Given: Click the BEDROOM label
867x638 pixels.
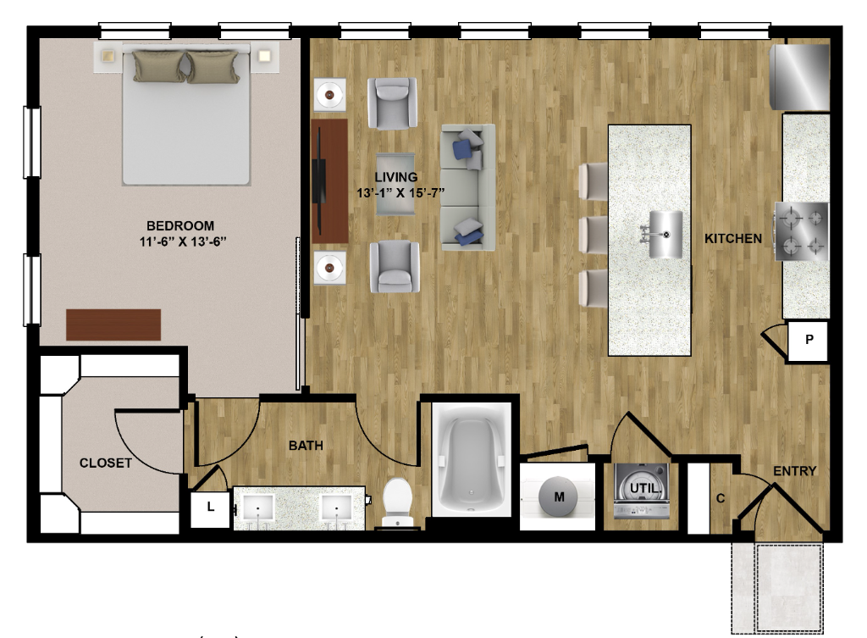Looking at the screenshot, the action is (180, 225).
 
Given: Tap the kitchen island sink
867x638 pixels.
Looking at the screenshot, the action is (665, 235).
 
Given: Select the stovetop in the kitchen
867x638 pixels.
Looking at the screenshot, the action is (802, 231).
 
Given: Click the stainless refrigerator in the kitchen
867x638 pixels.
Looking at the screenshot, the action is (800, 77).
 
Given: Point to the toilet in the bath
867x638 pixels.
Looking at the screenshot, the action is (398, 502).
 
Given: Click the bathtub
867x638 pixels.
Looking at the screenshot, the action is (471, 460).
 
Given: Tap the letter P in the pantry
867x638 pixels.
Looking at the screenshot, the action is (809, 339).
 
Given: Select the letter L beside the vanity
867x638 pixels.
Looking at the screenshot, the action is (211, 507).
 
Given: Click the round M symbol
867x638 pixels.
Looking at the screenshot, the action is (559, 497).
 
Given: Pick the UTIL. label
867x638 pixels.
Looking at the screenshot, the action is (645, 489).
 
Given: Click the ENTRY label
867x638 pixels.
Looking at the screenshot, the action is (794, 471).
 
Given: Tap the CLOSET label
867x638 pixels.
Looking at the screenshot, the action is (106, 463).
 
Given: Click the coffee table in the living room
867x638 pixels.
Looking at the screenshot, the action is (395, 184).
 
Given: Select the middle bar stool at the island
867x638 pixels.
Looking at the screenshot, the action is (594, 235).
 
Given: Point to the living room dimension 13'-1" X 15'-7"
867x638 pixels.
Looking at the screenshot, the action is (400, 193).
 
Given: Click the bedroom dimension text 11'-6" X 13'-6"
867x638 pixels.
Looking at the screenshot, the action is (183, 241).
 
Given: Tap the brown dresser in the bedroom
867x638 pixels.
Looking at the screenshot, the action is (113, 325).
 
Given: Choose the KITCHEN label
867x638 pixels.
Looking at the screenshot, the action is (733, 238).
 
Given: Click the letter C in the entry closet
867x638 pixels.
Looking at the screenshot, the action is (721, 498).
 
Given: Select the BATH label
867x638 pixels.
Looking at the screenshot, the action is (306, 446).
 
